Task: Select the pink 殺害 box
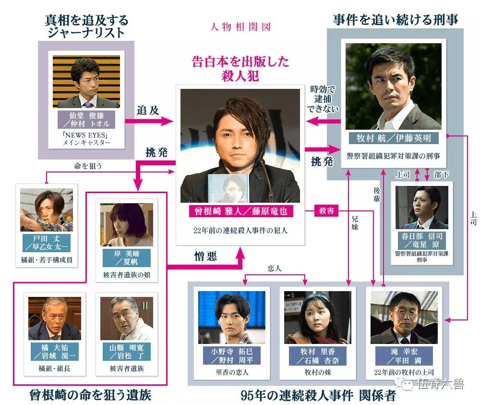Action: (x=326, y=211)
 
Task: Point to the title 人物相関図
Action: (x=240, y=26)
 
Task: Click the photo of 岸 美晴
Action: (x=127, y=224)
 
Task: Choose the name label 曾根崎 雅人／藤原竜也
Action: (x=240, y=211)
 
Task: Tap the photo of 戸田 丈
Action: (x=47, y=210)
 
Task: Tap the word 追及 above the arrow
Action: (x=147, y=110)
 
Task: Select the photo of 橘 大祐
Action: (x=54, y=318)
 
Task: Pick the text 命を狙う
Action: (x=88, y=166)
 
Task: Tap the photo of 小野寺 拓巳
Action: (x=231, y=317)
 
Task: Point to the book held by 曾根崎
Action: (x=227, y=188)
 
